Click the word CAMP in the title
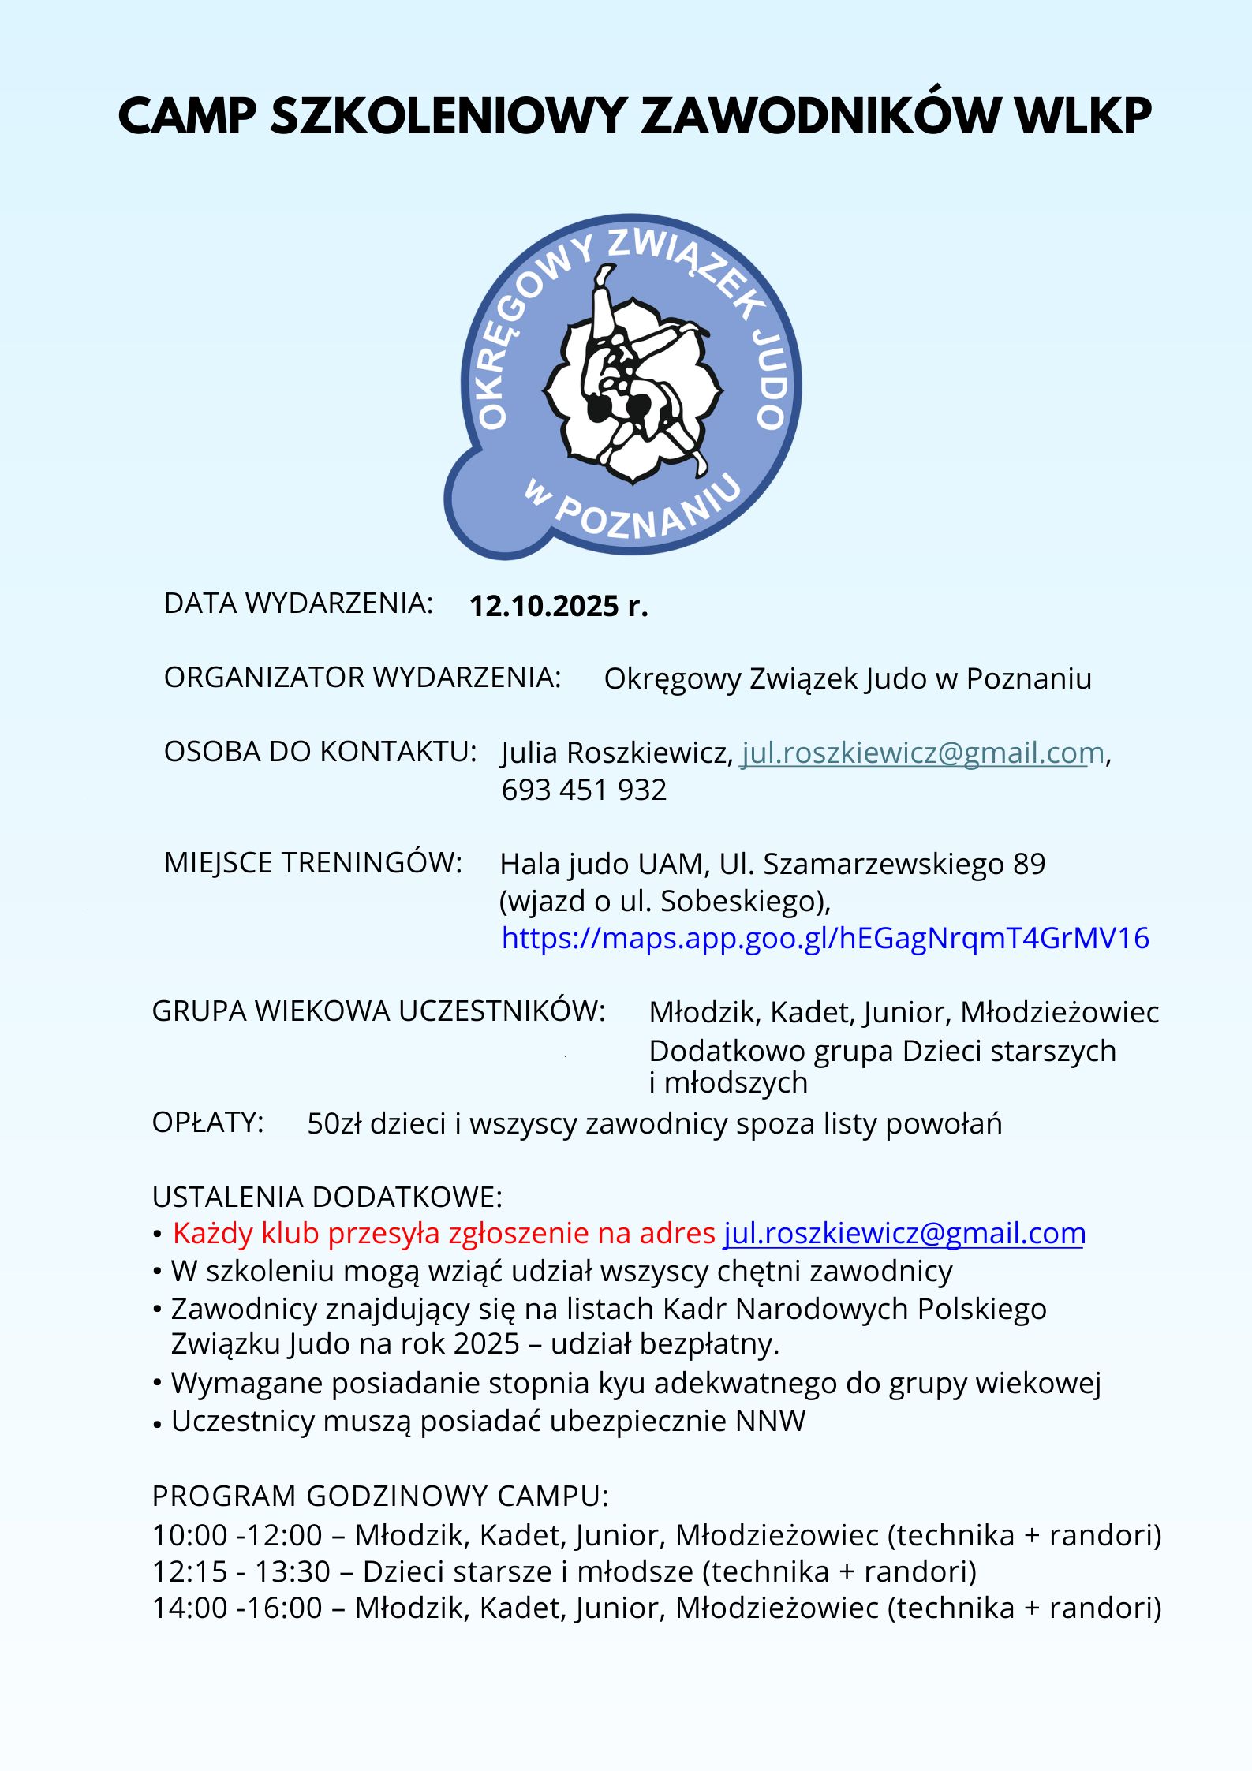186,117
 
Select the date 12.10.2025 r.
559,606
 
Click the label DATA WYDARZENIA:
298,603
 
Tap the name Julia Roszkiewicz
616,753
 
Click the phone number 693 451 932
584,790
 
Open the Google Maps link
825,937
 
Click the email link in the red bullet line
904,1233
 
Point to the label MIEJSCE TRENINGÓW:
312,863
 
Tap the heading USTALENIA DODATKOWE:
327,1197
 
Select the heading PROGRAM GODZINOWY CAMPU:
380,1496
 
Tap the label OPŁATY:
207,1123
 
